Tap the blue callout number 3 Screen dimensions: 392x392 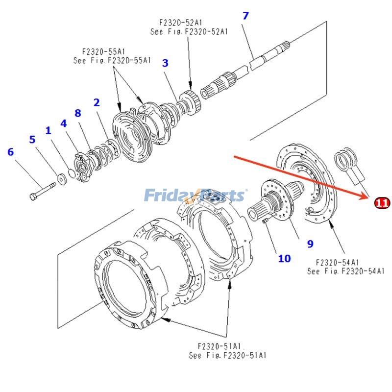(165, 63)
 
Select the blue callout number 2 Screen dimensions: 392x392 (97, 102)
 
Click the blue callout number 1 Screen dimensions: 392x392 (48, 131)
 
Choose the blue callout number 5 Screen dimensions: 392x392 (32, 140)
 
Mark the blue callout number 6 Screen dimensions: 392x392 (10, 152)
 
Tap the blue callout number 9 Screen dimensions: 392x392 (310, 244)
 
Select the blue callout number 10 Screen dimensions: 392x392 (284, 258)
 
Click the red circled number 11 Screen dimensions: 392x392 (382, 202)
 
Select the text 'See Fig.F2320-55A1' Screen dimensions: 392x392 (112, 61)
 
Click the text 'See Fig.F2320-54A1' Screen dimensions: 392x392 (346, 271)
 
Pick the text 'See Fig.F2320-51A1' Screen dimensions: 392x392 (227, 355)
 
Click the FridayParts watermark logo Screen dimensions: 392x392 (195, 196)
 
